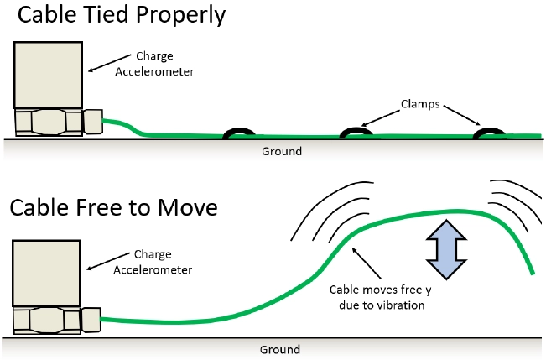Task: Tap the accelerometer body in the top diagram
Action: (x=49, y=74)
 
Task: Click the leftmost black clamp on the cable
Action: (x=241, y=133)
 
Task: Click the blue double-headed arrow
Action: (x=443, y=250)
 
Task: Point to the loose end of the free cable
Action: (x=533, y=272)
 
